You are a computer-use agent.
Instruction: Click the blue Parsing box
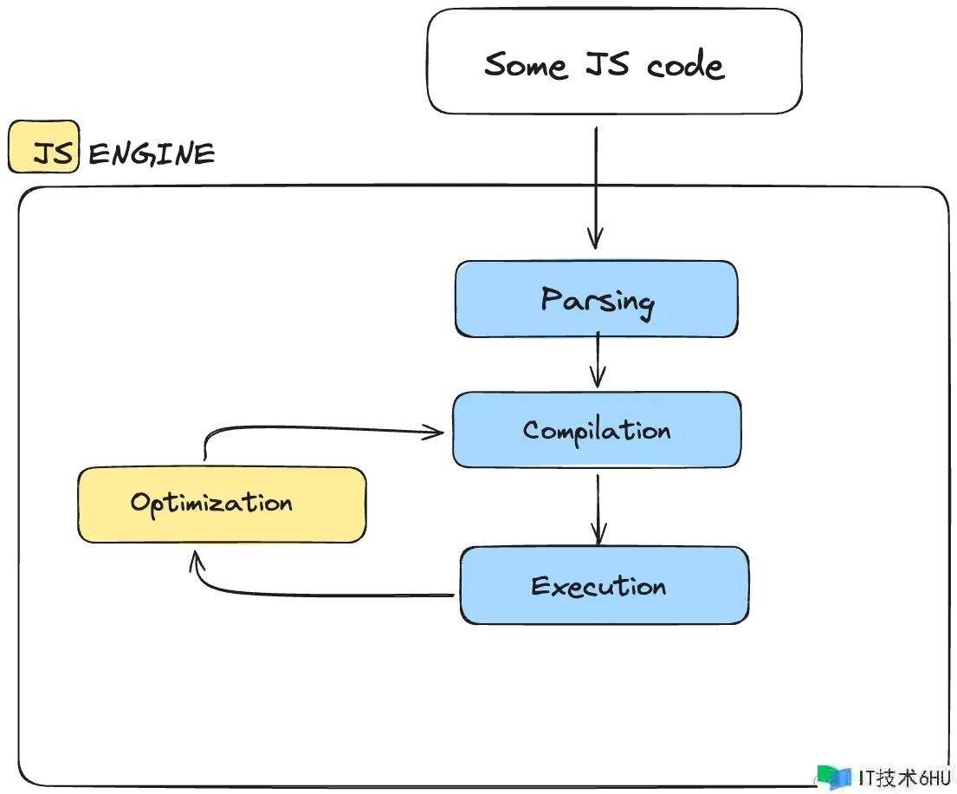pyautogui.click(x=596, y=299)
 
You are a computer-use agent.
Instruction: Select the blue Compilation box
pyautogui.click(x=597, y=430)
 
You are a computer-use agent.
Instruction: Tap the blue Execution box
pyautogui.click(x=603, y=586)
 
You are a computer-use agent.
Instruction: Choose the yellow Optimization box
pyautogui.click(x=222, y=504)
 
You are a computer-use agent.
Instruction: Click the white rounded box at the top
pyautogui.click(x=611, y=62)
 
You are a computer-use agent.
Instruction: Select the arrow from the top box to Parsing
pyautogui.click(x=595, y=178)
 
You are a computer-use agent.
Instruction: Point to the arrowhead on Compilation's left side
pyautogui.click(x=425, y=432)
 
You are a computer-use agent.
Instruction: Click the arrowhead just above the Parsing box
pyautogui.click(x=595, y=230)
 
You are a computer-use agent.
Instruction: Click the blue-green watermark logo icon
pyautogui.click(x=836, y=777)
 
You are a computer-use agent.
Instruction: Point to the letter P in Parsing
pyautogui.click(x=551, y=299)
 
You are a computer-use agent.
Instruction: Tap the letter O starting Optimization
pyautogui.click(x=140, y=503)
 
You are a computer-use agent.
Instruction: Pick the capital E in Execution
pyautogui.click(x=541, y=587)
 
